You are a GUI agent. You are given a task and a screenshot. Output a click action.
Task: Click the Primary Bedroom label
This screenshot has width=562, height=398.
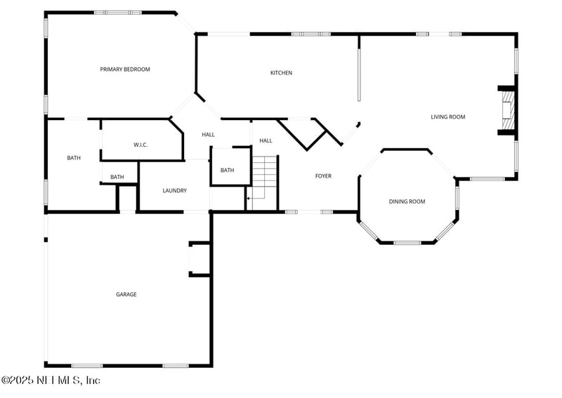[x=125, y=69]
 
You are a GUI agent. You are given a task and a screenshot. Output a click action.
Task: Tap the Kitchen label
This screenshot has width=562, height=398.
[x=282, y=73]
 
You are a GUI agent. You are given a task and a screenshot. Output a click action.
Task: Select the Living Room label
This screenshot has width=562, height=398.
[x=447, y=117]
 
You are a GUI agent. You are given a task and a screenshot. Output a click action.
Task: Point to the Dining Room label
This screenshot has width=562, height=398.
[x=407, y=202]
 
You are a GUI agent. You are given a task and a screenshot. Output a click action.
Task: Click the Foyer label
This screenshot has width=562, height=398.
[x=323, y=176]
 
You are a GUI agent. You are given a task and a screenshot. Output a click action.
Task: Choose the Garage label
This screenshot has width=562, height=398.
[x=126, y=295]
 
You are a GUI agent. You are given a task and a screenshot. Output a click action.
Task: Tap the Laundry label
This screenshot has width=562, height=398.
[x=174, y=191]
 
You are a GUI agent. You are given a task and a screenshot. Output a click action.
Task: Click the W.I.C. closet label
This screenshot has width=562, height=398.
[x=140, y=145]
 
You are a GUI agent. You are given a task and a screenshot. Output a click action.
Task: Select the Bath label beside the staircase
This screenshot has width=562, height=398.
[x=228, y=171]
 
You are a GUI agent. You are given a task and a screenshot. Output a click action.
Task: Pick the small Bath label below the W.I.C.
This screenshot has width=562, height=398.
[x=117, y=177]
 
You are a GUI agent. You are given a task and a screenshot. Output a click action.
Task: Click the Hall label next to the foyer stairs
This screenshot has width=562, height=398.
[x=266, y=141]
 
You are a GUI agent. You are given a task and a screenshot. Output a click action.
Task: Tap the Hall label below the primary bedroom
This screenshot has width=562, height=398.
[x=209, y=135]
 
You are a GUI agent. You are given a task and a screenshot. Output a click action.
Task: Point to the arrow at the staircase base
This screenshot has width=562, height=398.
[x=249, y=199]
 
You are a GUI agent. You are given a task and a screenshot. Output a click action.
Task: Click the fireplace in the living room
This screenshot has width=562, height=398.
[x=506, y=110]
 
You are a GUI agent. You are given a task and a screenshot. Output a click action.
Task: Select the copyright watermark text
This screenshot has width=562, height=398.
[x=51, y=380]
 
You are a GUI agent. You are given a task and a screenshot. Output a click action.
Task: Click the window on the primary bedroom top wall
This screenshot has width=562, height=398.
[x=117, y=13]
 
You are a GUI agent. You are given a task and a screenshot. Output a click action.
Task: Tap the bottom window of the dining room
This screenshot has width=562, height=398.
[x=407, y=243]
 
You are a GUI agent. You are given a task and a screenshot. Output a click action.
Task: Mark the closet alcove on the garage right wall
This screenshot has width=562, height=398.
[x=200, y=259]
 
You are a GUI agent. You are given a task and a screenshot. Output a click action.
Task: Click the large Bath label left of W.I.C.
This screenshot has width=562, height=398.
[x=74, y=158]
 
